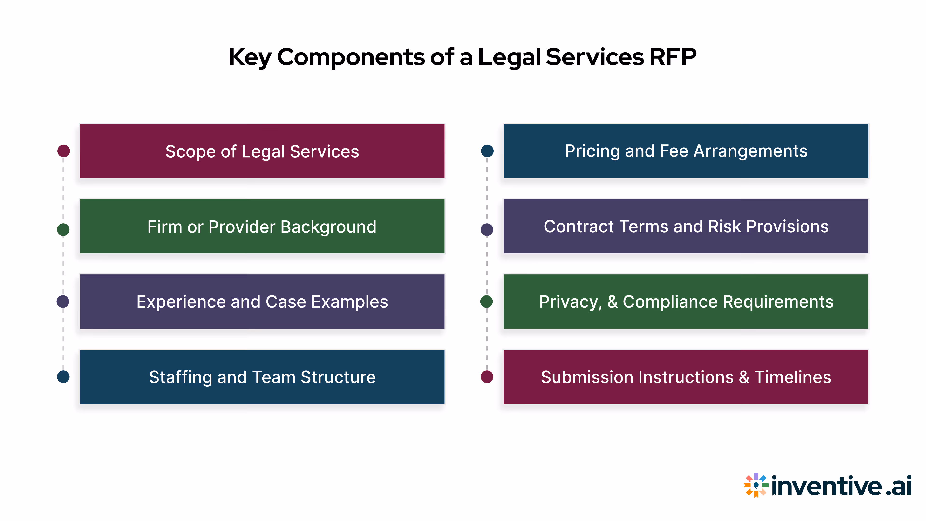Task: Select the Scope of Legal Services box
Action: coord(262,151)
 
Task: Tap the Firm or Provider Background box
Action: coord(262,226)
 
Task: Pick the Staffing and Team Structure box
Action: coord(262,377)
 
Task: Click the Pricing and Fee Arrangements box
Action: coord(686,151)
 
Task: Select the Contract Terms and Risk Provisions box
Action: coord(686,226)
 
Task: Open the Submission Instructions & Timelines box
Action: coord(686,377)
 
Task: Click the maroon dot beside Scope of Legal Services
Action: coord(64,151)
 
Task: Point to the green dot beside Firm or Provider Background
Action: coord(63,229)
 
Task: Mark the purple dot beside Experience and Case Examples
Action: coord(63,301)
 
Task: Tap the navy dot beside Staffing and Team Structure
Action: coord(63,377)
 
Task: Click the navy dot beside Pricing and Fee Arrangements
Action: coord(487,151)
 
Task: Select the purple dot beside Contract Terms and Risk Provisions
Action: coord(487,229)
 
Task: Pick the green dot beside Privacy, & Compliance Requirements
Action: coord(487,301)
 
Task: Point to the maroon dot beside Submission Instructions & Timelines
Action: coord(487,377)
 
